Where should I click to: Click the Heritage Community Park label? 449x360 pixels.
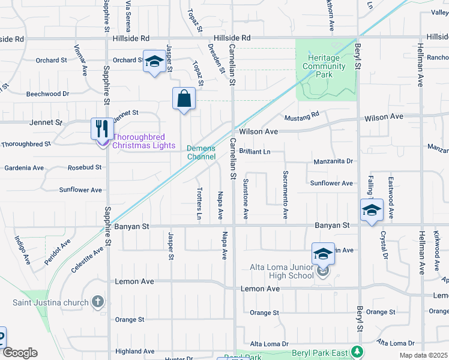pos(324,66)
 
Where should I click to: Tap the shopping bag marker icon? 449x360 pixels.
pos(184,99)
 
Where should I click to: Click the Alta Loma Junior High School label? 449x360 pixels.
pos(282,271)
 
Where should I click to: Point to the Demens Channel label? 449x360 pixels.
pos(201,152)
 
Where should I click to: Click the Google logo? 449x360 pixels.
pos(19,353)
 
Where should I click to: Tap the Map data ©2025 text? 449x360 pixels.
pos(423,355)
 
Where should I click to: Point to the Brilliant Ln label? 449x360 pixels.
pos(255,152)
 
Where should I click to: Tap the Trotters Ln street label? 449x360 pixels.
pos(199,202)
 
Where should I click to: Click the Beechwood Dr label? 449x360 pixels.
pos(48,94)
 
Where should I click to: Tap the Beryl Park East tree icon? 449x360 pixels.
pos(357,352)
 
